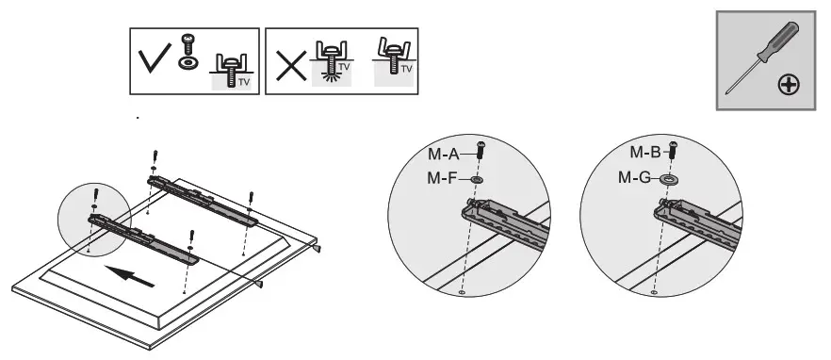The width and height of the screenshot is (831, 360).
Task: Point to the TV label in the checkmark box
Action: click(243, 82)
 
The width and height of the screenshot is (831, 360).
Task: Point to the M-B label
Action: click(647, 151)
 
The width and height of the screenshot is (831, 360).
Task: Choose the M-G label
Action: click(636, 176)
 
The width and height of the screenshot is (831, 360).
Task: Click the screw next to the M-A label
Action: click(481, 151)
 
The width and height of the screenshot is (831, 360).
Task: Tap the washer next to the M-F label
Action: click(478, 177)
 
